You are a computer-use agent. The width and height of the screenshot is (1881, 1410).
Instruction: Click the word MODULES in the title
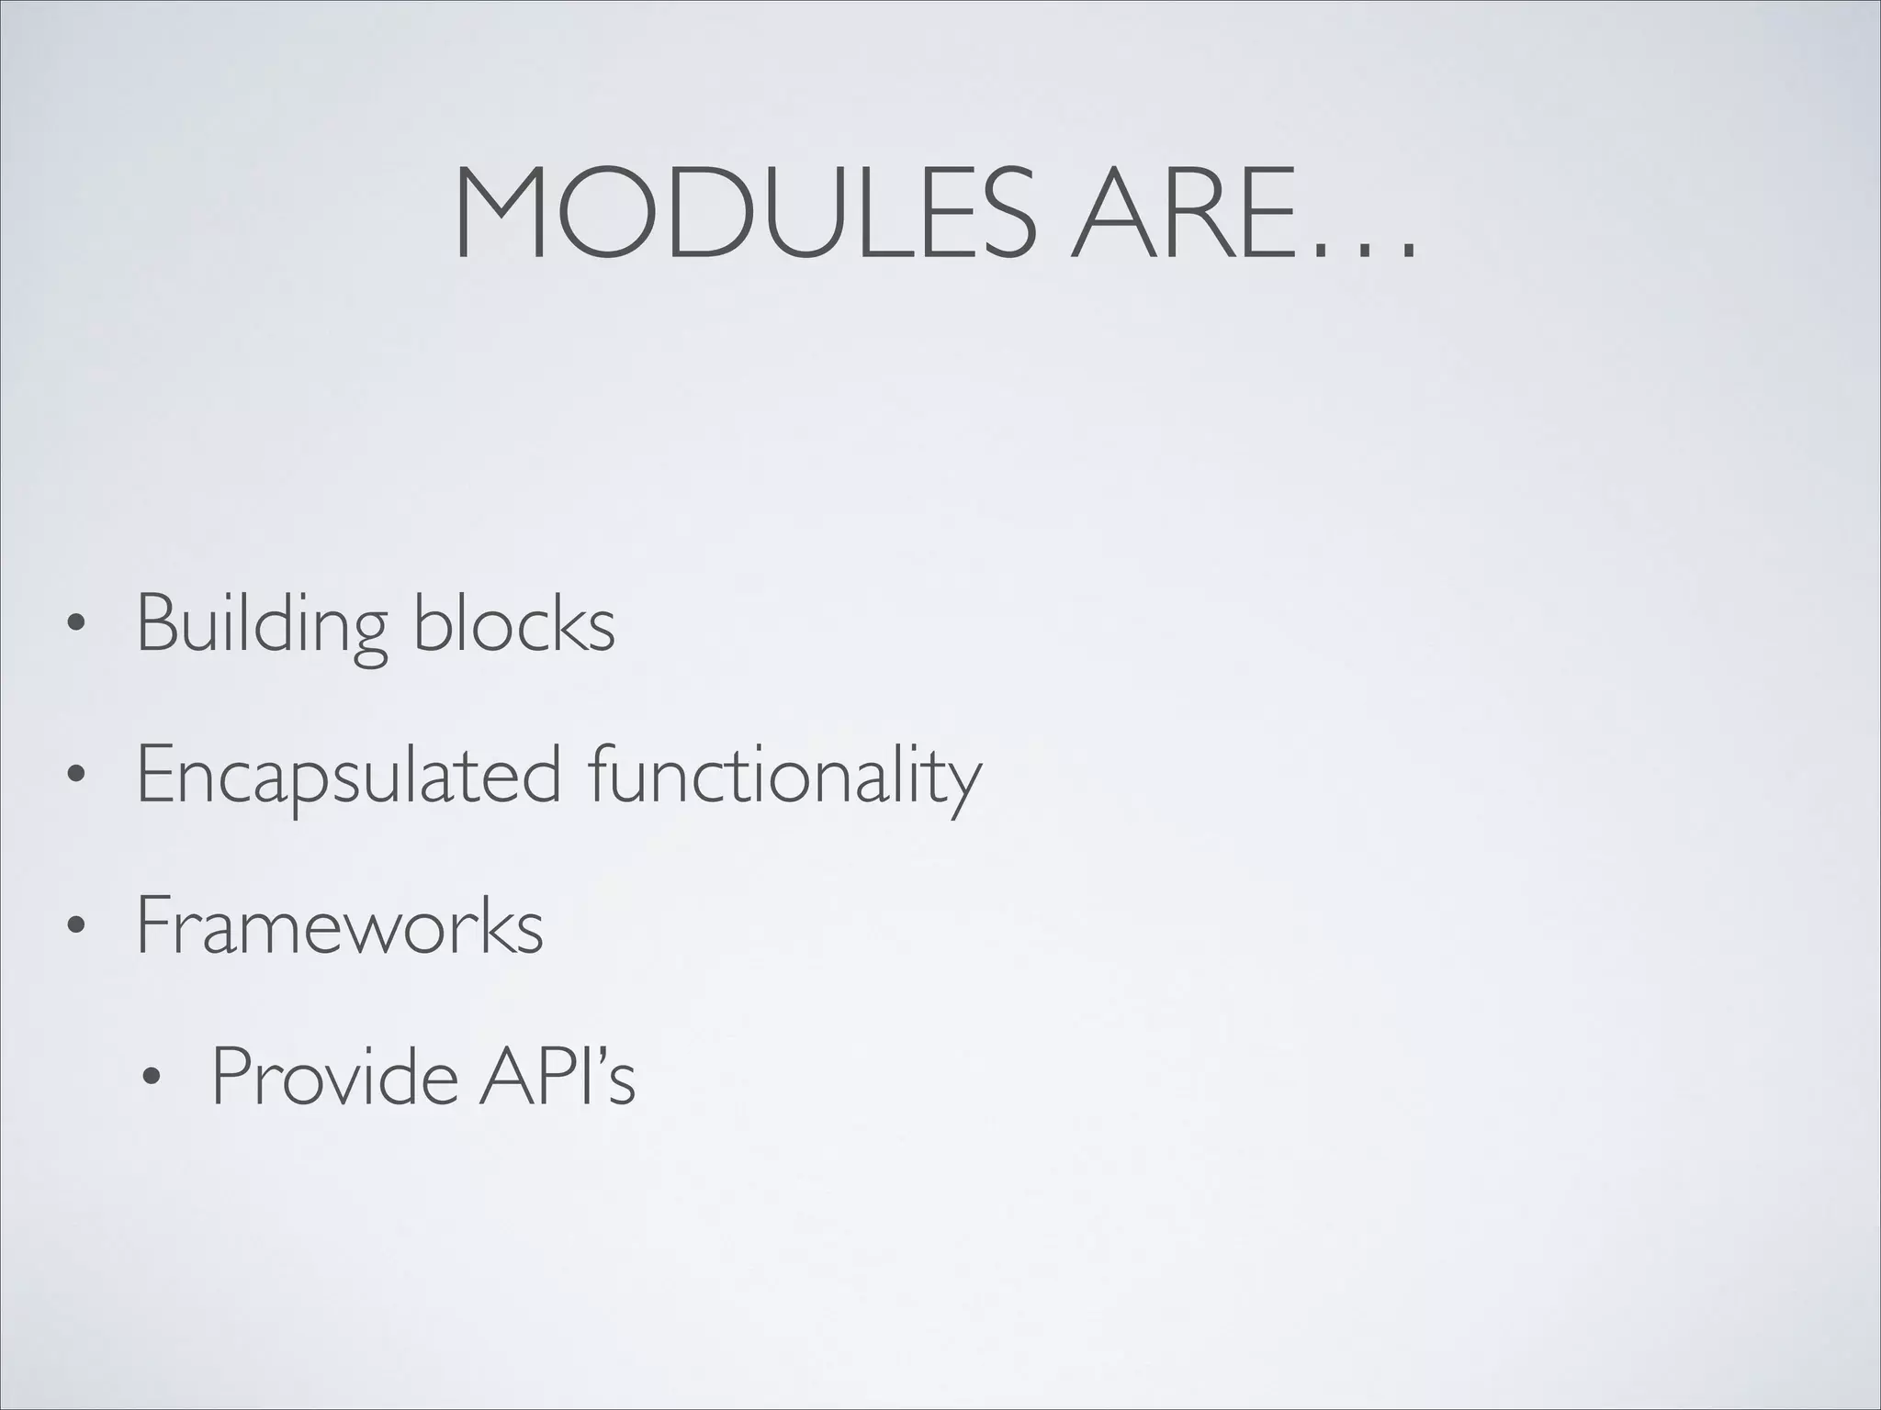(744, 214)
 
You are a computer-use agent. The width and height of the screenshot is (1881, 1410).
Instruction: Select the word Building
(262, 625)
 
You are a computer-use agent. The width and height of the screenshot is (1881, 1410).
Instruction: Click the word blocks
(514, 623)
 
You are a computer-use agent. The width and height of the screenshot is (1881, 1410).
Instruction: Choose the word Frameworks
(340, 927)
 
